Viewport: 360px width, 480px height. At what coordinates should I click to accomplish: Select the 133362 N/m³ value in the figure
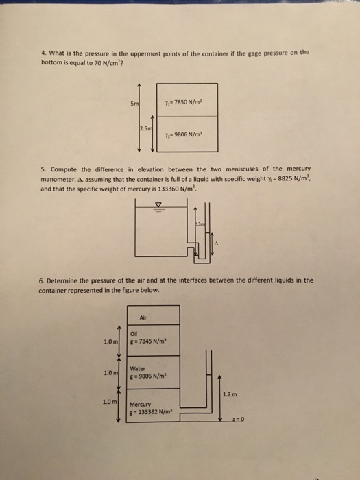155,411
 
